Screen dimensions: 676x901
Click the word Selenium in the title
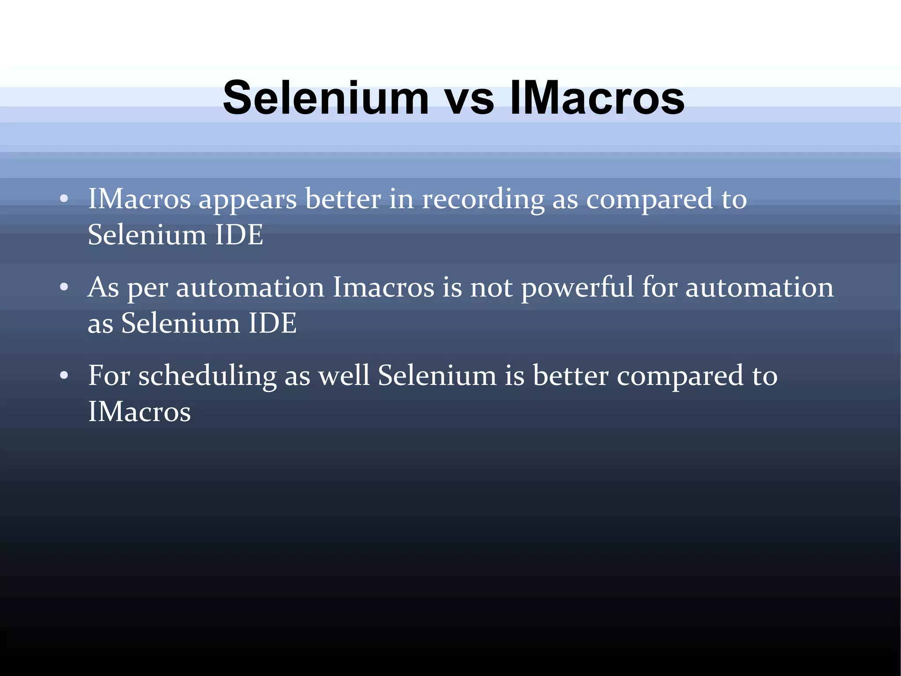click(326, 97)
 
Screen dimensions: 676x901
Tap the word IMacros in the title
click(597, 97)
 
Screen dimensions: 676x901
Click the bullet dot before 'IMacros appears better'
click(64, 199)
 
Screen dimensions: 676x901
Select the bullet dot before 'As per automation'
click(64, 288)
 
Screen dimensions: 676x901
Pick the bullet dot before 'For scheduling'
click(64, 376)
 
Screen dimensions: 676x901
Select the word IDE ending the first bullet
click(239, 235)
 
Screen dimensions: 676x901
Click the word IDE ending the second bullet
click(272, 323)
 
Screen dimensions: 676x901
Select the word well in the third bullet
click(344, 376)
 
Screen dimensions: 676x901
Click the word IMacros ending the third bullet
click(139, 412)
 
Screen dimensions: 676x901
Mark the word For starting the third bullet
click(109, 376)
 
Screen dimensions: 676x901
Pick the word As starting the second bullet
click(103, 288)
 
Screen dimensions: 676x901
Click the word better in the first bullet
click(343, 199)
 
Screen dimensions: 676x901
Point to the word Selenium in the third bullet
click(437, 376)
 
